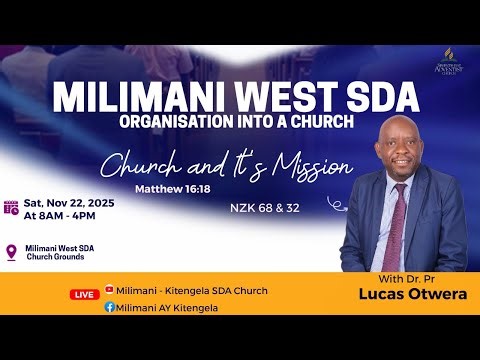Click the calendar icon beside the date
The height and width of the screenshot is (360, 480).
(x=11, y=208)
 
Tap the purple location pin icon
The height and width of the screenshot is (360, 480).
(x=11, y=253)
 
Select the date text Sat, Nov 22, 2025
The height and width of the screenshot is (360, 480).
(x=70, y=202)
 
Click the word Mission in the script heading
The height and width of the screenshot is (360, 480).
(x=309, y=166)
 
